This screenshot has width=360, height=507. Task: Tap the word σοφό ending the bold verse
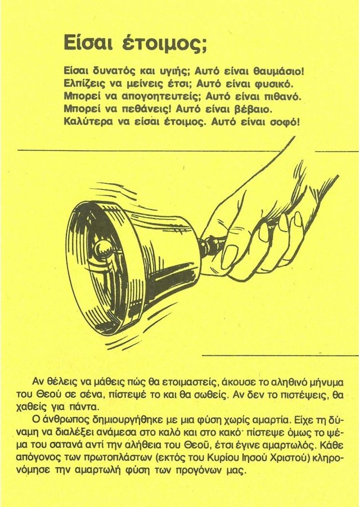click(x=282, y=122)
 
